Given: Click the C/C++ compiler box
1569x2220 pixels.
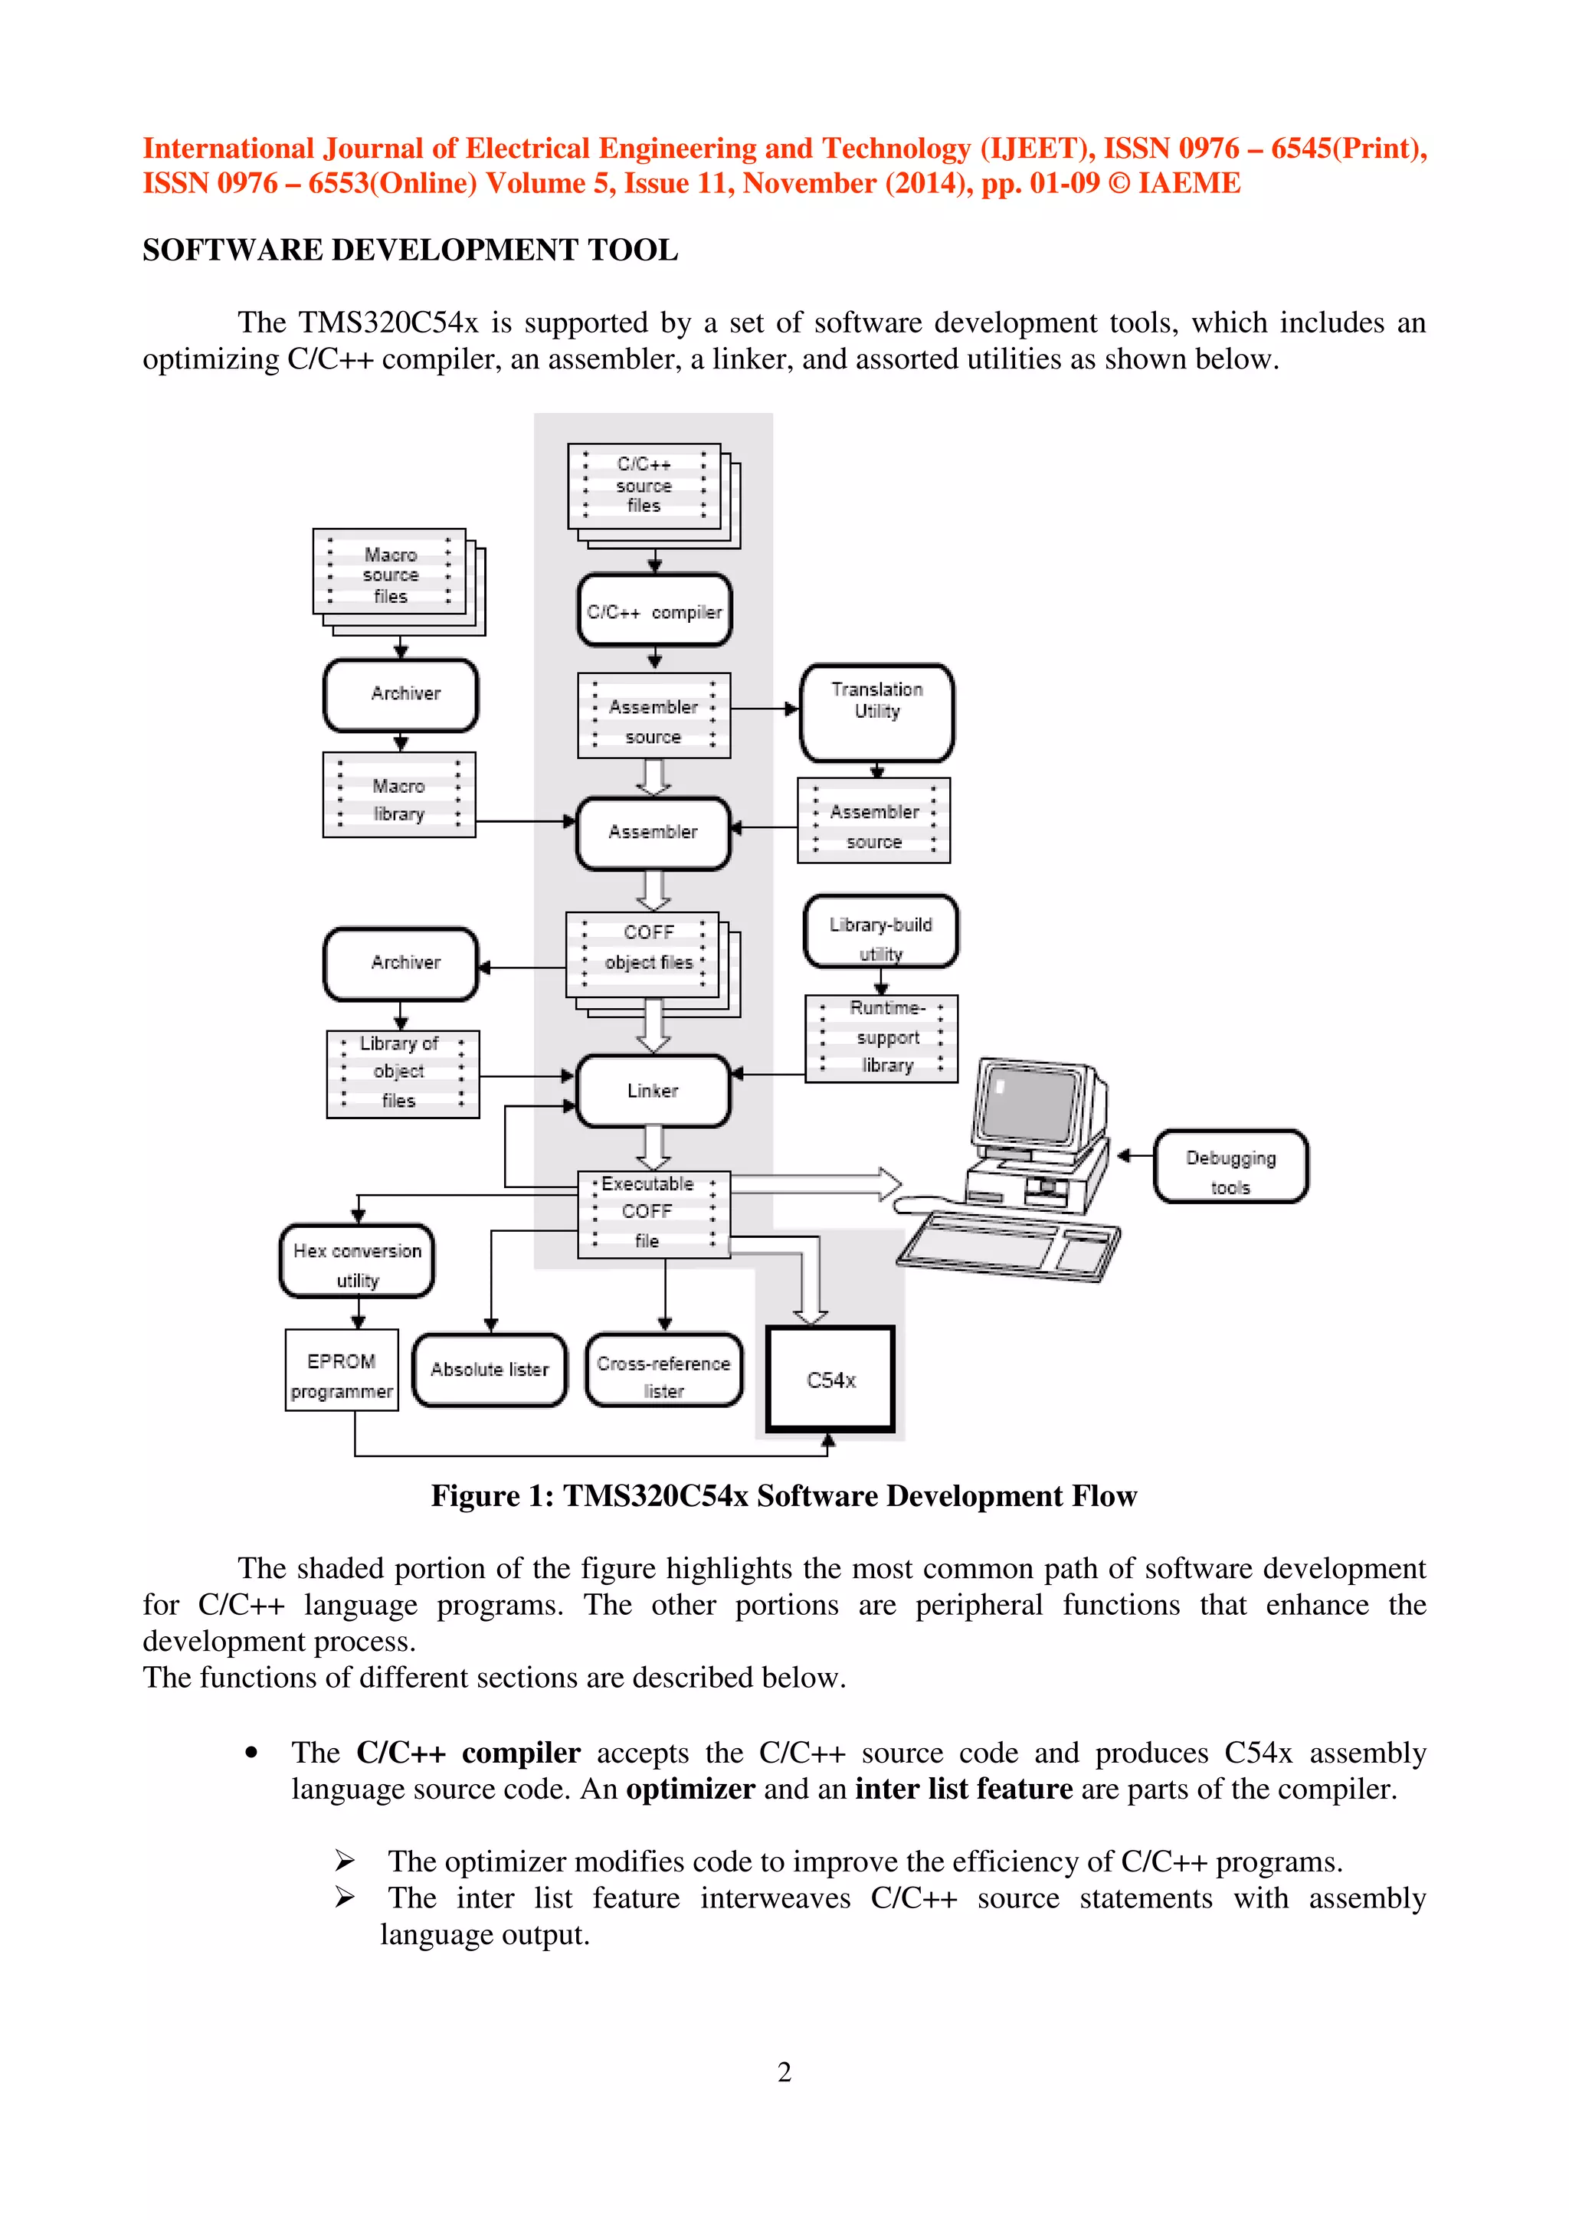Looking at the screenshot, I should click(654, 611).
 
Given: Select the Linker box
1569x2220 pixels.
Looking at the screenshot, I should click(653, 1091).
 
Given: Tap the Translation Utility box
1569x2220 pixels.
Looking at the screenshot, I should click(877, 712).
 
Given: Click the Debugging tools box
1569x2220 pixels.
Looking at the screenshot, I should click(1230, 1166).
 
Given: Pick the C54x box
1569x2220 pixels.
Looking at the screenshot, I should click(830, 1380).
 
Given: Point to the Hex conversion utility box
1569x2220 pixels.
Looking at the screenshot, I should click(357, 1262).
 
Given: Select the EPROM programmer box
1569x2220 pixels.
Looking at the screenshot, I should click(341, 1370).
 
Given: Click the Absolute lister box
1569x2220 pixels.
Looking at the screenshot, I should click(490, 1369).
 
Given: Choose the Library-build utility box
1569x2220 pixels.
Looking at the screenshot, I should click(881, 930).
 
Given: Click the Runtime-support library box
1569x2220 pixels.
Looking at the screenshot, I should click(881, 1037).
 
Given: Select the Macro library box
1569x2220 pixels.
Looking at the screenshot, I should click(398, 795).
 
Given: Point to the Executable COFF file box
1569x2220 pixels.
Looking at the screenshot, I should click(653, 1213).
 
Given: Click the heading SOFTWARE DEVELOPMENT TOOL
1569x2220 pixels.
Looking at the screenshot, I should click(410, 250).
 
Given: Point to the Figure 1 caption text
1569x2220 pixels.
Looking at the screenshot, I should click(784, 1496).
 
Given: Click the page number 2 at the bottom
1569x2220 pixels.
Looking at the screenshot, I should click(784, 2071).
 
